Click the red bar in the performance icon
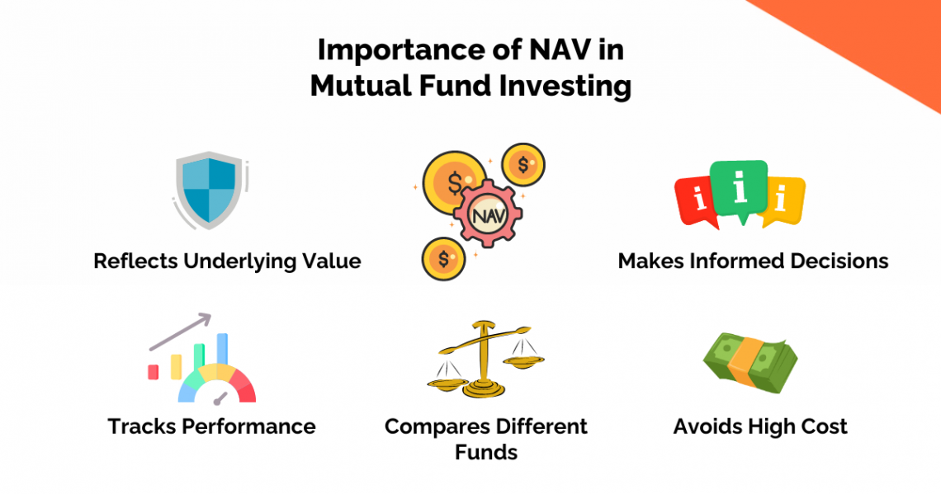153,372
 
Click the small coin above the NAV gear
523,164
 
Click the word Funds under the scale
486,453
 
